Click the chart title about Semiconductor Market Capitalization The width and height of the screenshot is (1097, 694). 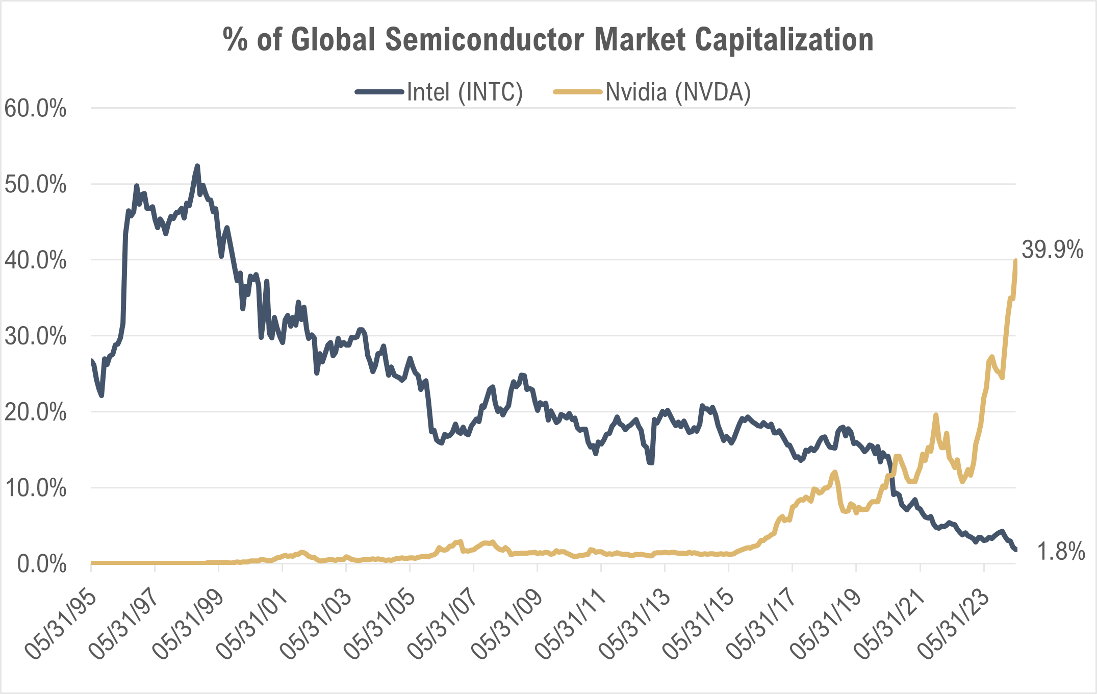[x=548, y=40]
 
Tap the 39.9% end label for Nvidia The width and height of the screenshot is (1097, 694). [x=1052, y=250]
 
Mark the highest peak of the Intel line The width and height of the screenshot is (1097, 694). [x=197, y=166]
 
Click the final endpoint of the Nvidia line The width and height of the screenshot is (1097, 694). [x=1016, y=260]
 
